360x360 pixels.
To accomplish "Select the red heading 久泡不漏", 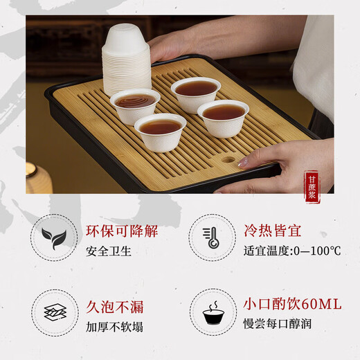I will click(115, 305).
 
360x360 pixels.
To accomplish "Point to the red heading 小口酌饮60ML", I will click(291, 305).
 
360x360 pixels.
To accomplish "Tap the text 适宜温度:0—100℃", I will click(291, 251).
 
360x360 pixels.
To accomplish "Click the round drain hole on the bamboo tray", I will click(228, 160).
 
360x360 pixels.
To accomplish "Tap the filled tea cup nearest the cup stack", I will click(135, 105).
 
